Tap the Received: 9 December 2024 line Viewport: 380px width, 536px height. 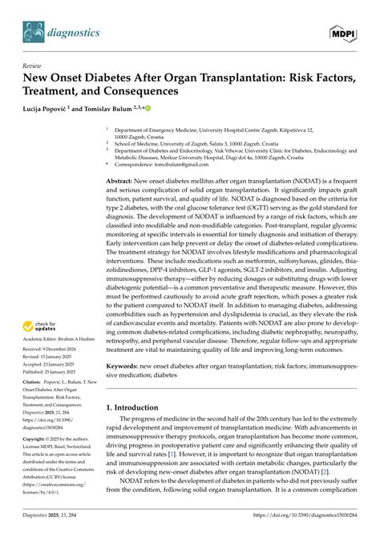(x=55, y=350)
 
